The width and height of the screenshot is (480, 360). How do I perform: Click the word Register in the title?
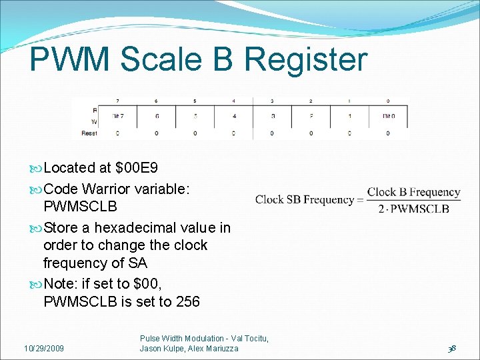point(306,60)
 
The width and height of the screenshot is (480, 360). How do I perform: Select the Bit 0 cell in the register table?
point(389,115)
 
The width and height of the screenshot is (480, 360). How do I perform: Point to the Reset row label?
point(89,133)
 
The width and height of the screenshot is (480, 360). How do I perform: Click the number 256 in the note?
point(187,301)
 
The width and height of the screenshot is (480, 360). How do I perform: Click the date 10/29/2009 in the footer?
point(44,349)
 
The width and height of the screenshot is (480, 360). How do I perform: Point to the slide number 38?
point(453,348)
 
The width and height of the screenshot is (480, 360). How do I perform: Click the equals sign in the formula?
point(361,200)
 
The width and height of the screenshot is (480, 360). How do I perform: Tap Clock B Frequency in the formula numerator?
point(413,192)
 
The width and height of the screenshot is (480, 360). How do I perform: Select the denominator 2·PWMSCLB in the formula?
point(413,209)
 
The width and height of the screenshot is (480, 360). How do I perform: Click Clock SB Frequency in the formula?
point(305,199)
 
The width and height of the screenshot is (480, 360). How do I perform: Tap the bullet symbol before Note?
point(36,284)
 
